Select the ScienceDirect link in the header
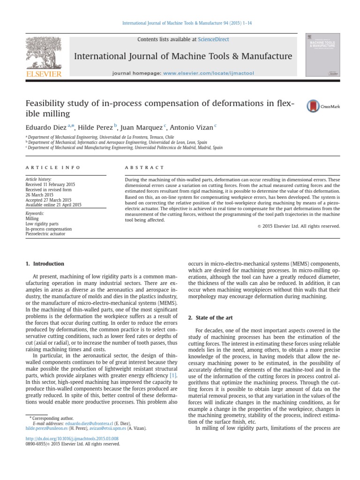213,40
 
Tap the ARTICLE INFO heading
53,167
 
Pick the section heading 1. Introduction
45,264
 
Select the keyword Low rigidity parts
42,224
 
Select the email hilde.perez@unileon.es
45,428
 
